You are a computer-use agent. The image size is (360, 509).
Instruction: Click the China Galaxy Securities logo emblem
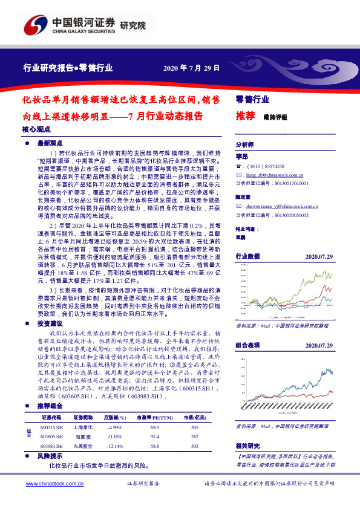tap(34, 25)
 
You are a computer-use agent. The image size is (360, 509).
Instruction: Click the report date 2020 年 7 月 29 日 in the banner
tap(191, 68)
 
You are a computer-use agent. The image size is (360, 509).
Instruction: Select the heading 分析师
tap(244, 145)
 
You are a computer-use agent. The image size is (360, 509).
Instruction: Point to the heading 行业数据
tap(247, 256)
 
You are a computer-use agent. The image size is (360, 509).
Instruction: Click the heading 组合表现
tap(247, 345)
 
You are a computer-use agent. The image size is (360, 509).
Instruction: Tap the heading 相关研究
tap(247, 446)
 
